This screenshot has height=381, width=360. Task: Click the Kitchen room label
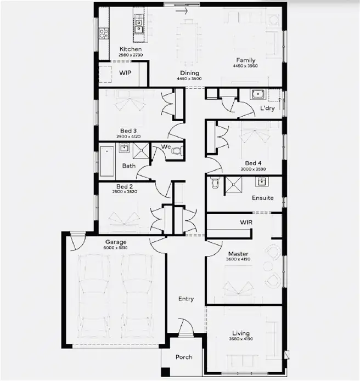click(x=130, y=49)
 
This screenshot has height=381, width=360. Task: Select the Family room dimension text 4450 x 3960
click(x=245, y=66)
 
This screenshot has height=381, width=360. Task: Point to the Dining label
click(x=189, y=73)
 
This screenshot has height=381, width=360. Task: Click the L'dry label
click(x=267, y=109)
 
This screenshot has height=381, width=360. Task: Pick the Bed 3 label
click(x=128, y=130)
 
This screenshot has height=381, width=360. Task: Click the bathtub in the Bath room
click(x=106, y=161)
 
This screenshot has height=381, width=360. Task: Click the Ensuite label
click(x=262, y=197)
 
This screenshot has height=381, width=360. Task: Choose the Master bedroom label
click(x=238, y=254)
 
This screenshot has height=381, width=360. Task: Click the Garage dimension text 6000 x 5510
click(x=116, y=248)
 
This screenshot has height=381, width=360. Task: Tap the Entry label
click(x=186, y=299)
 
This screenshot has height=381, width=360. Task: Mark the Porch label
click(x=184, y=357)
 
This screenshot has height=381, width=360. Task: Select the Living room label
click(x=240, y=333)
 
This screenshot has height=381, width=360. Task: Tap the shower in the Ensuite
click(x=237, y=185)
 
